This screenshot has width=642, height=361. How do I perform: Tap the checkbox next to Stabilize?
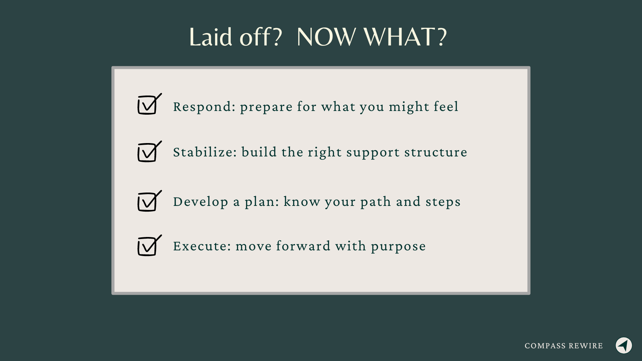click(147, 153)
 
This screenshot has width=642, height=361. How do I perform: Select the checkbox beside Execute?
click(147, 247)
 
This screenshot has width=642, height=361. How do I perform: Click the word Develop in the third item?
click(200, 202)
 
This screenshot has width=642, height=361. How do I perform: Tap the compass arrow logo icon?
click(624, 345)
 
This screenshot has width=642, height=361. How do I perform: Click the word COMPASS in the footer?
click(545, 346)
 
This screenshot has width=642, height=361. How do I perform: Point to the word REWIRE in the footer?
click(586, 346)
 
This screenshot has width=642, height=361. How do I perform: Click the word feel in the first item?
click(446, 107)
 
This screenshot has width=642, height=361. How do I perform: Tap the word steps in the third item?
click(443, 202)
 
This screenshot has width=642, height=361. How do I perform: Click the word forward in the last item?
click(303, 246)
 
